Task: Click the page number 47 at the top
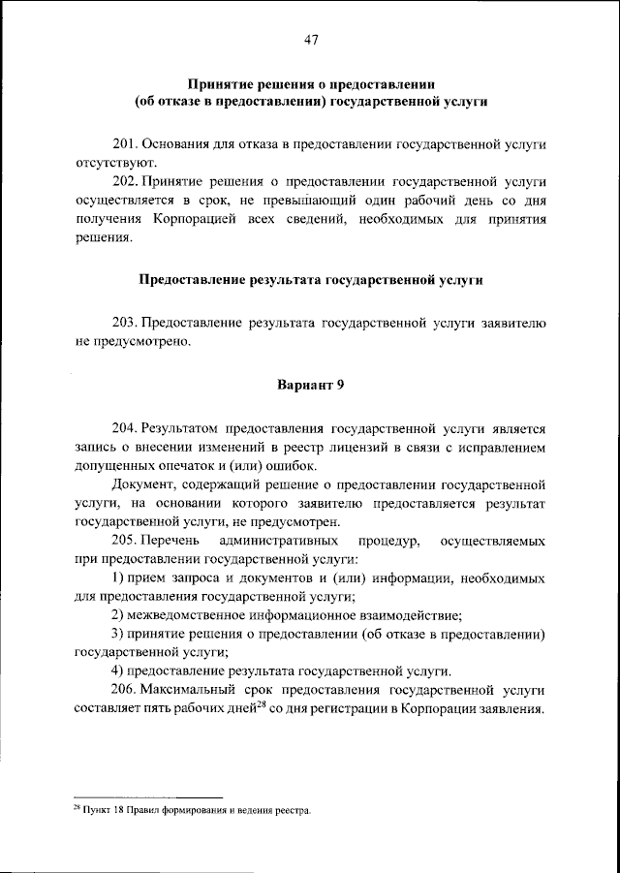pyautogui.click(x=310, y=40)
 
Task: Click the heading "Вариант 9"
pyautogui.click(x=310, y=384)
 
